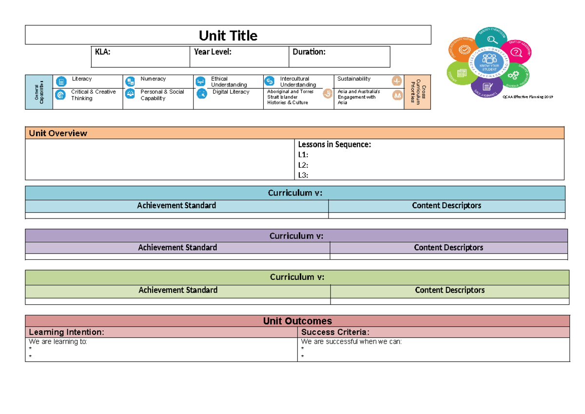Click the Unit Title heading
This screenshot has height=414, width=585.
tap(228, 36)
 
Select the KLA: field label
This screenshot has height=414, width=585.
tap(103, 52)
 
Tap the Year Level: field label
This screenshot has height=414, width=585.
tap(213, 52)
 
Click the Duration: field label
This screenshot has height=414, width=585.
tap(309, 52)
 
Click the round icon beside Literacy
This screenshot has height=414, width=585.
tap(60, 81)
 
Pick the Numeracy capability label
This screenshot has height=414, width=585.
tap(153, 79)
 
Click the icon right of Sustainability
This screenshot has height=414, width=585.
tap(397, 81)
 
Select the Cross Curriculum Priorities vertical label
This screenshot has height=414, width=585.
tap(418, 92)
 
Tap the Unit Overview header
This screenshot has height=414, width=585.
tap(58, 133)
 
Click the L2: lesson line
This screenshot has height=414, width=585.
tap(303, 165)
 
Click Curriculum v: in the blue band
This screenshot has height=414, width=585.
tap(295, 193)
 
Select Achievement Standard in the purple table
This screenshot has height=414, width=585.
tap(177, 248)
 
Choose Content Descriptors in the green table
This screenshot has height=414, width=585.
tap(449, 290)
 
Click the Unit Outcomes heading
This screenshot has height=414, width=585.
tap(297, 321)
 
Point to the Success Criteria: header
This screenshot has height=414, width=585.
tap(335, 333)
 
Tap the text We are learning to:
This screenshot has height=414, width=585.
tap(58, 342)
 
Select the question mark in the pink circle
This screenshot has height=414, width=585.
tap(517, 52)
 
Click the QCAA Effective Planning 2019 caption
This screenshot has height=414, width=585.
tap(528, 97)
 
